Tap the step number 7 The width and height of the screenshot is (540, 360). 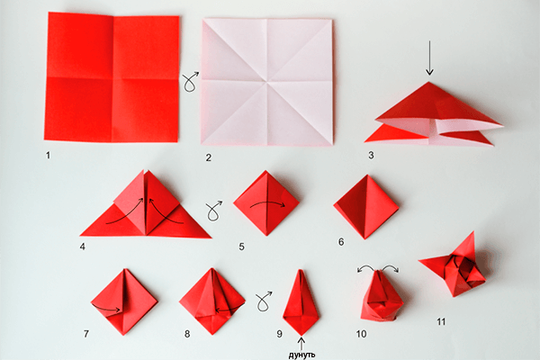click(x=85, y=333)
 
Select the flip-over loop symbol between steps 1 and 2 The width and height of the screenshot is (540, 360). click(x=190, y=83)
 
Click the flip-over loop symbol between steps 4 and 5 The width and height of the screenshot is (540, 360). click(x=214, y=211)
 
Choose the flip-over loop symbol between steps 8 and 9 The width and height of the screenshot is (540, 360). click(x=264, y=298)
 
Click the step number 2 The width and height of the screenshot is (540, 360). click(x=208, y=157)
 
